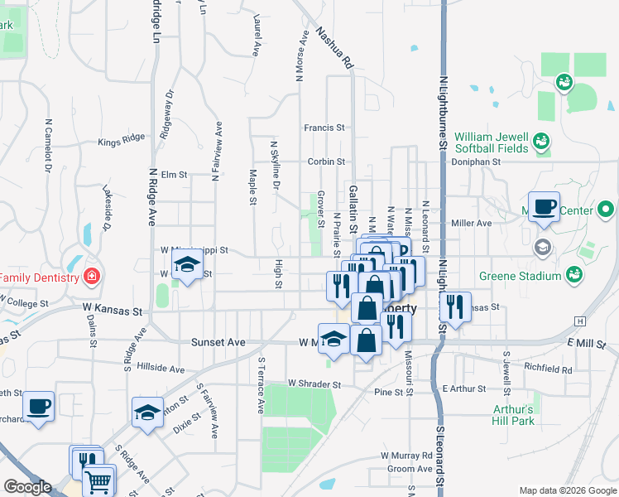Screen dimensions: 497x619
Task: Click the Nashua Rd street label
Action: tap(333, 50)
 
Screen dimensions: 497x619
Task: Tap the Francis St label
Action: tap(324, 128)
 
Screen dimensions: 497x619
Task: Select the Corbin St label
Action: tap(325, 162)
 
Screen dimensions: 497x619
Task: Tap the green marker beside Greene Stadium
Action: tap(573, 272)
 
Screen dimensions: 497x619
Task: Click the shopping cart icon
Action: tap(98, 480)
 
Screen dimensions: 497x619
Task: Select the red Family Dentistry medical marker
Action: tap(93, 275)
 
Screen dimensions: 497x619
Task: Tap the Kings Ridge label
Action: tap(121, 142)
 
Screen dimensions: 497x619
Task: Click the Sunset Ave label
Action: tap(218, 341)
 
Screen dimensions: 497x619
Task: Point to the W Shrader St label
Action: tap(314, 384)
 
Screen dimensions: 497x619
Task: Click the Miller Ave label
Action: tap(472, 223)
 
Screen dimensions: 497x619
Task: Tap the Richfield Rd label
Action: tap(548, 369)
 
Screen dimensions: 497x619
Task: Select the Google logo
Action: tap(27, 487)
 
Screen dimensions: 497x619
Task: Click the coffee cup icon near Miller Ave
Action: tap(544, 206)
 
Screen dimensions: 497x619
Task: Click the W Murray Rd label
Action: tap(406, 456)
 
